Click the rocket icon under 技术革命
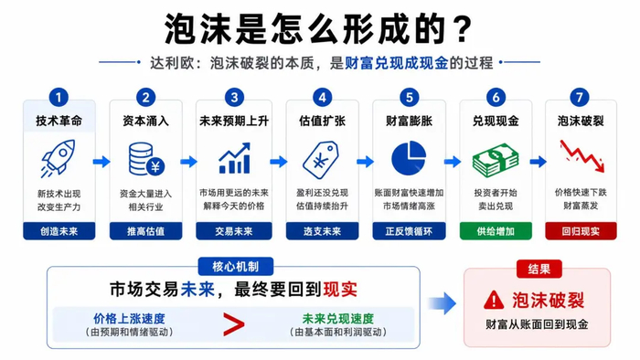[58, 159]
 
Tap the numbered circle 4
[322, 98]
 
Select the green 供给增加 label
[496, 231]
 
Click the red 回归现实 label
[581, 231]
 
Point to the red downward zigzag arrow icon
[581, 155]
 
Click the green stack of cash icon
[496, 160]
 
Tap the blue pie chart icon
[409, 158]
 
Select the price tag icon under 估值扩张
[321, 159]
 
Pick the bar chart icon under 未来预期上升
[234, 158]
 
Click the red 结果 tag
[539, 269]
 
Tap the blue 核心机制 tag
[236, 267]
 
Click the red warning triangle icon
[494, 300]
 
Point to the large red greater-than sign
[234, 324]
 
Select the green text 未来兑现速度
[338, 319]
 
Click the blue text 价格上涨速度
[129, 319]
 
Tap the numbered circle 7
[579, 98]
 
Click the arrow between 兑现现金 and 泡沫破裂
[538, 162]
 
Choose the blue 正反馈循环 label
[409, 231]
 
